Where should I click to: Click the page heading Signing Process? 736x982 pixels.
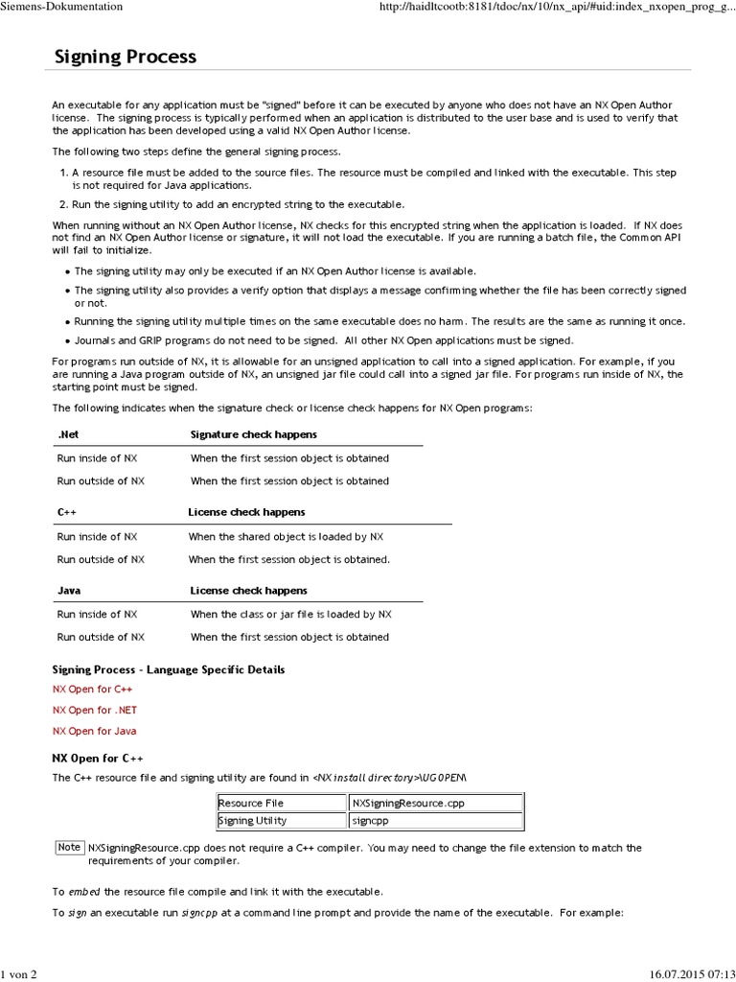tap(126, 57)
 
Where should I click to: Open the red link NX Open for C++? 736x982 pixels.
tap(93, 689)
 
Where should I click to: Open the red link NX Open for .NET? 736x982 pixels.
tap(95, 710)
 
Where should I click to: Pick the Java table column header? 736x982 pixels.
tap(69, 591)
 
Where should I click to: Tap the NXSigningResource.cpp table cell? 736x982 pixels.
tap(408, 803)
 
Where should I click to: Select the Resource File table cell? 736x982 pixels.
tap(251, 803)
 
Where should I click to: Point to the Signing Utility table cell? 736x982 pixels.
tap(252, 820)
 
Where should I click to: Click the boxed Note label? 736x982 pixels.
tap(69, 847)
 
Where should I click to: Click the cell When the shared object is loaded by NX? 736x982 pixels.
tap(286, 537)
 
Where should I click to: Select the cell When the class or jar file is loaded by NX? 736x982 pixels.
tap(290, 614)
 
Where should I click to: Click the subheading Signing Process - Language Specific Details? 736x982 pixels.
tap(168, 669)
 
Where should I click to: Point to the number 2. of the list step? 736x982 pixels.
tap(63, 204)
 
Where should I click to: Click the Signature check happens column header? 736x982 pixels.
tap(253, 434)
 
